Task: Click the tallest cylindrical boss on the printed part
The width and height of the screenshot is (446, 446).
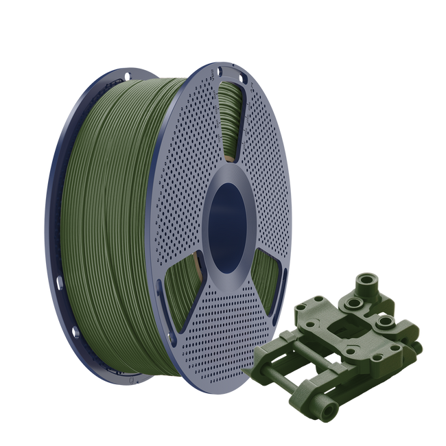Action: (x=371, y=284)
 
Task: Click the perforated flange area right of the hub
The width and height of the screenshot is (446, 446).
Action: (x=281, y=199)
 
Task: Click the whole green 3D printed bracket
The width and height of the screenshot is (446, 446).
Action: (x=336, y=343)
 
